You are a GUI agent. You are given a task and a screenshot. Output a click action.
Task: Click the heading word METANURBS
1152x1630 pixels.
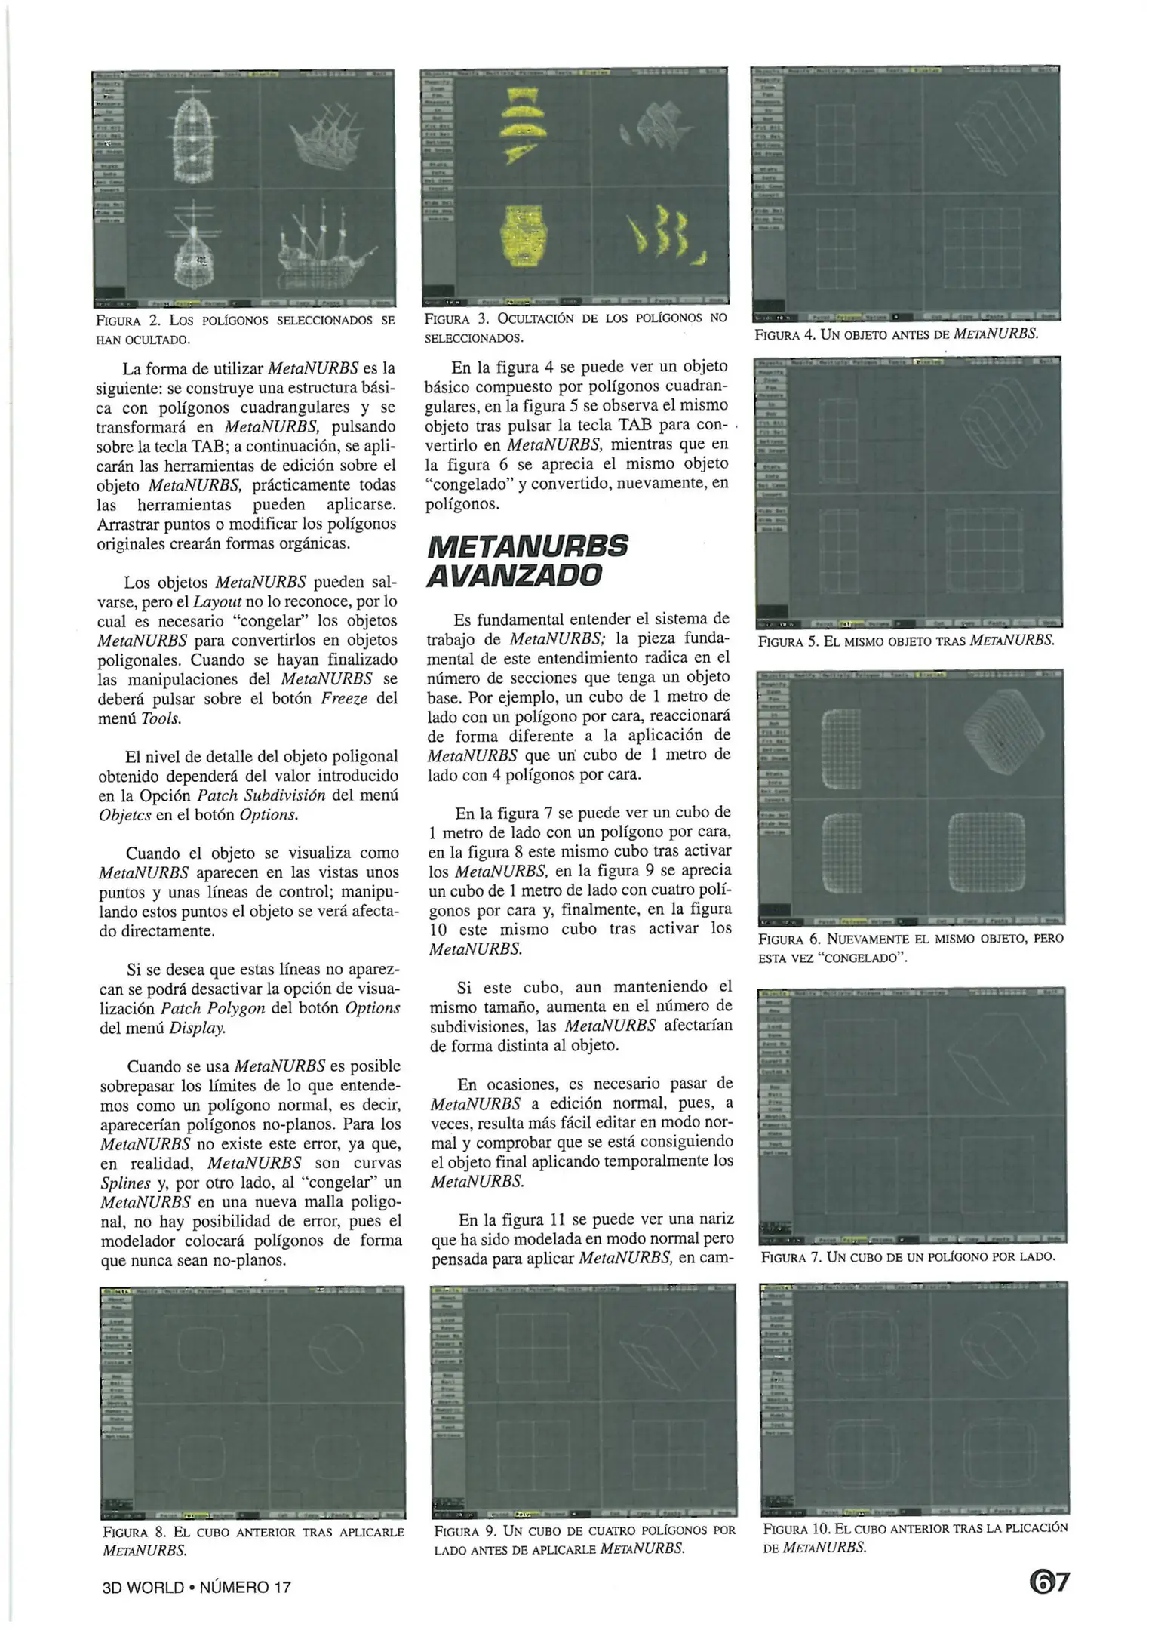click(x=527, y=546)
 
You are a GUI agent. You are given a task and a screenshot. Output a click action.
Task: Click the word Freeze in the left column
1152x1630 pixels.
click(x=343, y=698)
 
